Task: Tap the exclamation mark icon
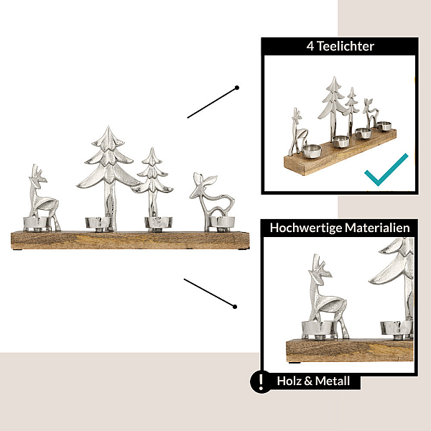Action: pos(261,382)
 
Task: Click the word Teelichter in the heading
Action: pos(346,46)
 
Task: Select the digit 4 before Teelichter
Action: pos(310,46)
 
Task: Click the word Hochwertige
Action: pos(306,228)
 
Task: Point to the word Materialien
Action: pos(377,228)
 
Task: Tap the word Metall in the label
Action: pos(333,381)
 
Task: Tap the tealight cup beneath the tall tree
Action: pos(98,223)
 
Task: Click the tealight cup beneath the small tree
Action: pos(158,223)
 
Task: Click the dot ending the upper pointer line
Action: pos(236,88)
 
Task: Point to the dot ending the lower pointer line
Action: pos(234,307)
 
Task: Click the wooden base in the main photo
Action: pos(130,241)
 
